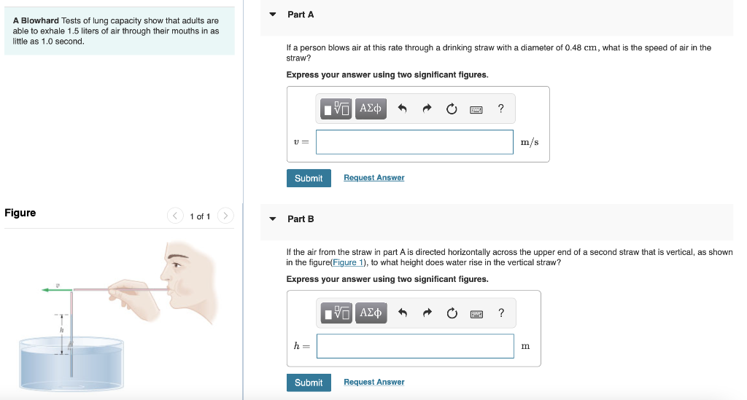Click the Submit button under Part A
(309, 179)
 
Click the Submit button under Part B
(309, 383)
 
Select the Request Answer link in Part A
(373, 178)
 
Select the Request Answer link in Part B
(373, 382)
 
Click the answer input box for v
(414, 142)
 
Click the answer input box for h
(414, 346)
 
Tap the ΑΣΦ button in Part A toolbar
(371, 109)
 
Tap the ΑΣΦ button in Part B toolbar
(371, 313)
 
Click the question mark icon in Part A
(500, 109)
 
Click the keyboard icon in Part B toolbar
(476, 313)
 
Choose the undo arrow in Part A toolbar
(402, 109)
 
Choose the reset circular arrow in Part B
(452, 313)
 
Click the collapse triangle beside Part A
(273, 15)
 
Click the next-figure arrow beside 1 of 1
(225, 216)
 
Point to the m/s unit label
(530, 142)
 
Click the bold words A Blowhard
(36, 20)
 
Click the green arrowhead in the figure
(46, 290)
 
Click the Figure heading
(20, 213)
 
